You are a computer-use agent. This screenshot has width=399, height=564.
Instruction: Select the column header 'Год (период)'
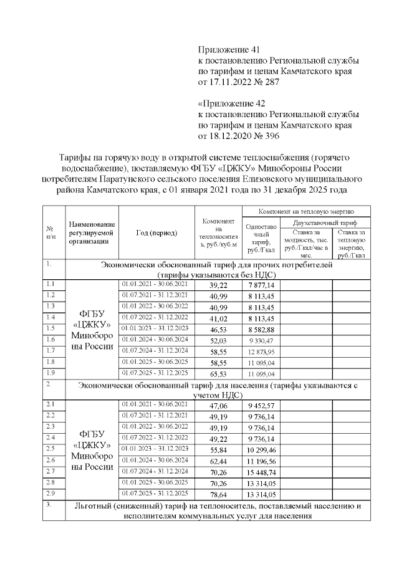click(x=156, y=232)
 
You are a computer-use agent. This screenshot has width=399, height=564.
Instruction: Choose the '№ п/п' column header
click(x=51, y=232)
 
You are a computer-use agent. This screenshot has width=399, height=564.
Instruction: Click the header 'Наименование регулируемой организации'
click(x=92, y=232)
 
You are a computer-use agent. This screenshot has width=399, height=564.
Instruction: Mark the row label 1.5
click(x=51, y=328)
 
